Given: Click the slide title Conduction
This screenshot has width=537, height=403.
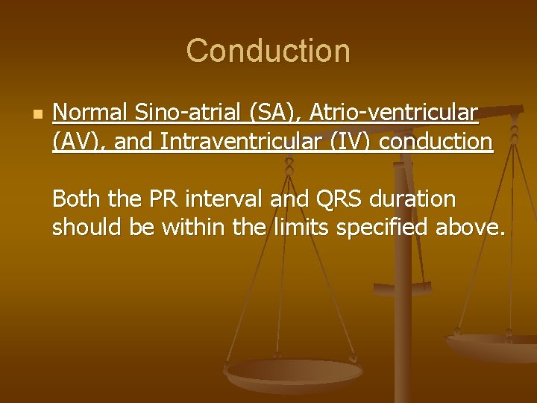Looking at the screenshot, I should (268, 51).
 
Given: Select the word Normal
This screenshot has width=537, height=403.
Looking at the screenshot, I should (91, 113).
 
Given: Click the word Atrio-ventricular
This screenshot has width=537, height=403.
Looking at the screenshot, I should (393, 113).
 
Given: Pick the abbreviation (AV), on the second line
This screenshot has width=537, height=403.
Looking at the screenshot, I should (80, 141).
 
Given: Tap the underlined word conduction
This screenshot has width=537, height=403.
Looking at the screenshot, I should (436, 141).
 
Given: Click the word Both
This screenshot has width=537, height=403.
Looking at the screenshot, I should (78, 199).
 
